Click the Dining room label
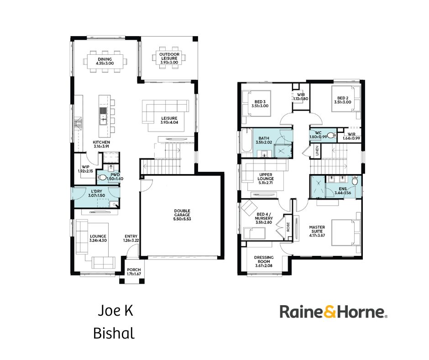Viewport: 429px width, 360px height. coord(105,61)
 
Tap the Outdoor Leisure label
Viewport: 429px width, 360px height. coord(169,58)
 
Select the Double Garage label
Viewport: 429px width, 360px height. coord(182,215)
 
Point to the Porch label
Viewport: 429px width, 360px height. coord(134,272)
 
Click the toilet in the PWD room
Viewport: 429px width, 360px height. coord(102,178)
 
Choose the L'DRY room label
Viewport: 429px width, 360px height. coord(97,193)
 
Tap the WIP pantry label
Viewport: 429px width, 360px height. coord(85,169)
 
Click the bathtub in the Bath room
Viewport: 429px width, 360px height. coord(246,142)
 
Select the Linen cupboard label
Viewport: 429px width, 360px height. coord(317,151)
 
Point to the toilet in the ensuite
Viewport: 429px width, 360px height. coord(355,181)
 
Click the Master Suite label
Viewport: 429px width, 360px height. coord(317,231)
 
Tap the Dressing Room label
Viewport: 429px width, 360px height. coord(264,261)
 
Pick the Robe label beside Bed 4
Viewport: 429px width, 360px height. coord(288,227)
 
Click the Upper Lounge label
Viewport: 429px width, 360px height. coord(266,179)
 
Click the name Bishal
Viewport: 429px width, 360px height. coord(114,334)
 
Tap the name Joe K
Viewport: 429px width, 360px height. coord(116,311)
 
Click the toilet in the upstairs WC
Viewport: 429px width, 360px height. coord(331,135)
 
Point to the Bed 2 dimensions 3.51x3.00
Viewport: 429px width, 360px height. coord(343,102)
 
